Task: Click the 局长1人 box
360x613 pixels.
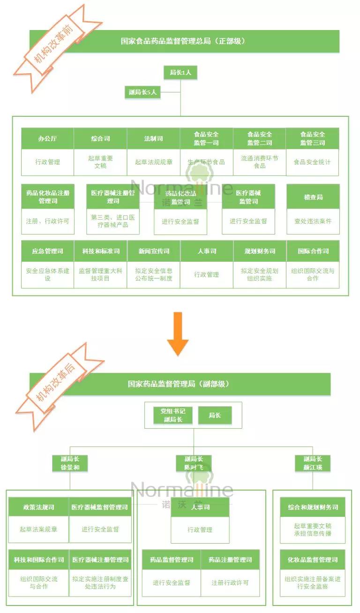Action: pos(180,72)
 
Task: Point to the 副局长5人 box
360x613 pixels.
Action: pos(143,92)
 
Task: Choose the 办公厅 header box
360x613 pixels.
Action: pos(47,139)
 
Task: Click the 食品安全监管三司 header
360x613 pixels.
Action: pos(312,139)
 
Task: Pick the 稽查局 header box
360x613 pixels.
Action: pos(313,197)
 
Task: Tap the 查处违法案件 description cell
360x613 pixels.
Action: pos(313,221)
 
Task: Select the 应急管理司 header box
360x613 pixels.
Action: pos(47,251)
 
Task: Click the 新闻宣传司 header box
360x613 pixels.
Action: pos(153,251)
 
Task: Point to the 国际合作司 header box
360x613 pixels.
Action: pos(313,251)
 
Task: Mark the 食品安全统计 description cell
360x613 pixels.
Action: pos(312,162)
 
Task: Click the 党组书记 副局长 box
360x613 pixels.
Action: pos(173,416)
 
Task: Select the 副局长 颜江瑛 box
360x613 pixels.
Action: pos(313,463)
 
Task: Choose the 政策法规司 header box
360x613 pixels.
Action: pos(38,507)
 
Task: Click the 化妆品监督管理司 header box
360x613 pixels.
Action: pos(313,560)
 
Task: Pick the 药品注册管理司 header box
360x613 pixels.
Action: pos(230,560)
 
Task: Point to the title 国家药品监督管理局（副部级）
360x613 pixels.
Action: pos(180,384)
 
